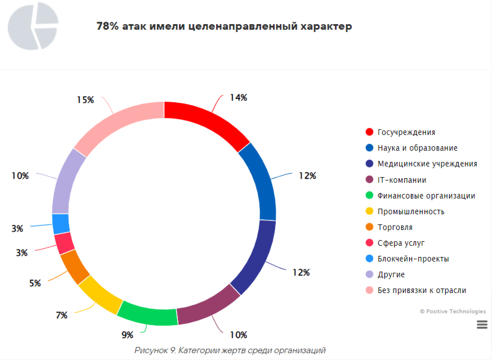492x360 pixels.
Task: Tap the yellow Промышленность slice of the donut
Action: pos(101,294)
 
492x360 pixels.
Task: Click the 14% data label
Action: pos(238,97)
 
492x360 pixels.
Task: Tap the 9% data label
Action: pos(128,335)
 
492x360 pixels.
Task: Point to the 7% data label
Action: pos(61,315)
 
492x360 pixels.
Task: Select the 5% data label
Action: pos(35,283)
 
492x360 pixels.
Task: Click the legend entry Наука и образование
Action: pos(417,148)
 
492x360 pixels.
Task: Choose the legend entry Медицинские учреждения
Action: pos(427,164)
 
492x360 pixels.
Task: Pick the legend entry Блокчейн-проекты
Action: pos(413,259)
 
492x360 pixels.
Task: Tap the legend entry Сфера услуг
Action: pos(401,243)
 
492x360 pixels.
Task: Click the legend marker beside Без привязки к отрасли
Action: pos(369,290)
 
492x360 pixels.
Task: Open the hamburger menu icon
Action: pos(481,324)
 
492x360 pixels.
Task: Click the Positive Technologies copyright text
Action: pos(453,311)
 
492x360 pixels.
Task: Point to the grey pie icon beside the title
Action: pos(33,26)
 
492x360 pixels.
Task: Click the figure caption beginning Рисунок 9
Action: pos(230,350)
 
